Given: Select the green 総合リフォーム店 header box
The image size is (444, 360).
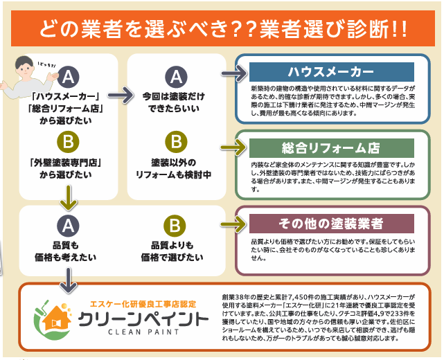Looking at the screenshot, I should (x=331, y=148).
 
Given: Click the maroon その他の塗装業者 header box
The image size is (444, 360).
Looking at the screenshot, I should (x=331, y=224).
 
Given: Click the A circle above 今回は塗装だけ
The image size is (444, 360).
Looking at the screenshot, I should (x=176, y=75).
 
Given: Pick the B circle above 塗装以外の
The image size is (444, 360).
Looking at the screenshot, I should (x=176, y=142).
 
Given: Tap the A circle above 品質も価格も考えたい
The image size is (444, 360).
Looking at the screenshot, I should (x=68, y=225).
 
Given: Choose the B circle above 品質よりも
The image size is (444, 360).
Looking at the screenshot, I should (x=176, y=226).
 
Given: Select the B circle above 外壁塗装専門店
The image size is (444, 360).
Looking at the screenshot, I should (x=68, y=142).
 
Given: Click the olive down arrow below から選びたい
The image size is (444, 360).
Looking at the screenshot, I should (x=68, y=200).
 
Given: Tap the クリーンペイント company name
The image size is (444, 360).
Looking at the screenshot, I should (x=141, y=321).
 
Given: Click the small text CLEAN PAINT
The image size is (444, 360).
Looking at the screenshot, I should (x=141, y=337).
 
